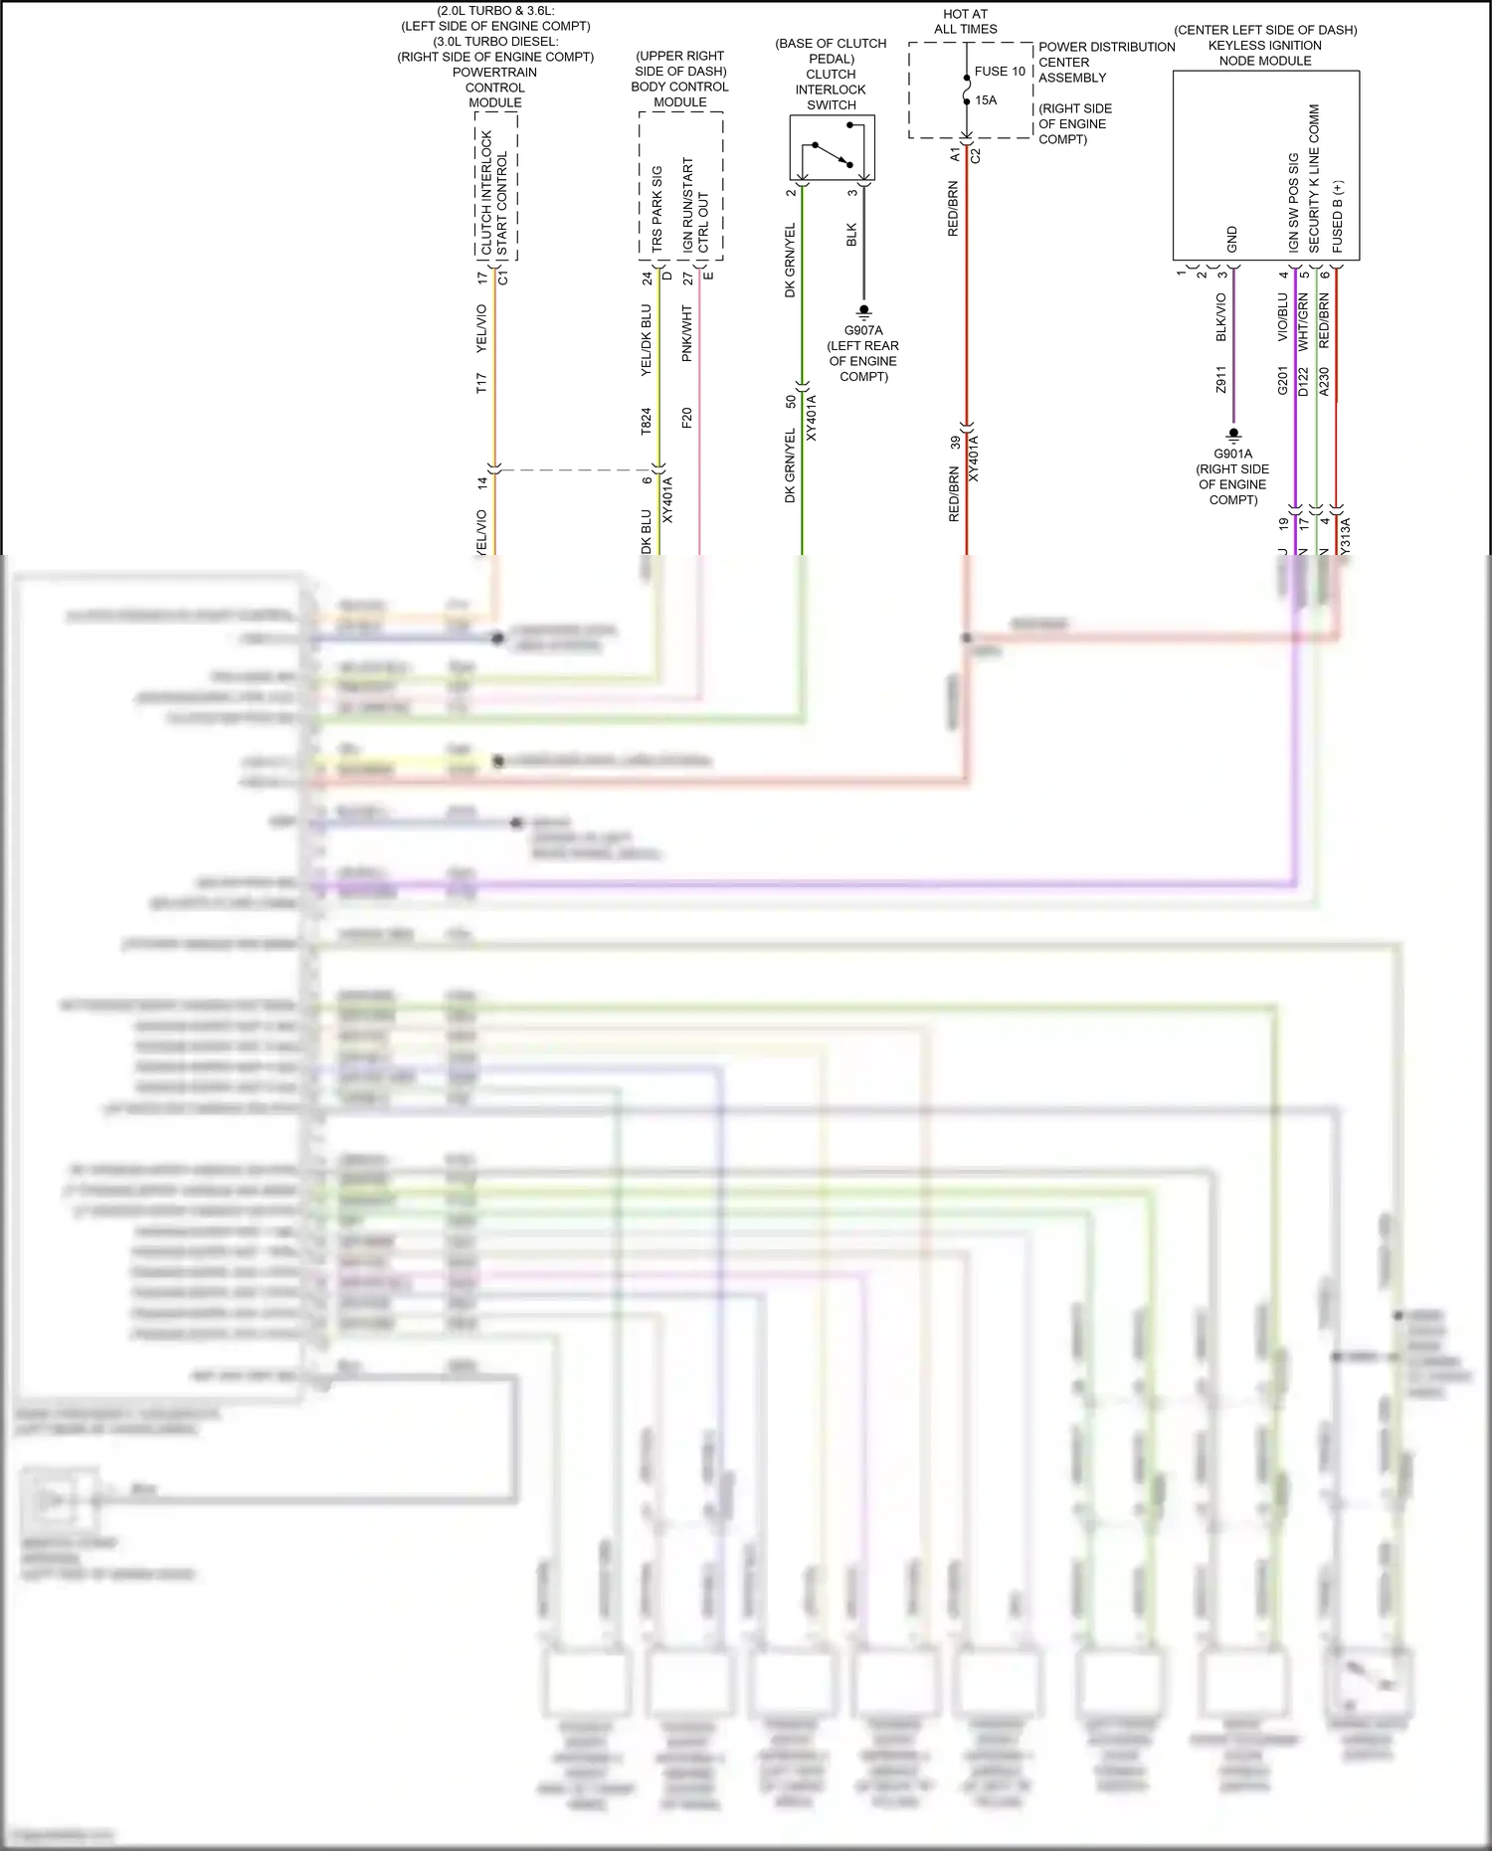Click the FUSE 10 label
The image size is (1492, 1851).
pyautogui.click(x=999, y=72)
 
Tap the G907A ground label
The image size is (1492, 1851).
pyautogui.click(x=863, y=330)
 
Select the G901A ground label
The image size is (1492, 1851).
pyautogui.click(x=1233, y=454)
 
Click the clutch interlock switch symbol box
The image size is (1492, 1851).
pyautogui.click(x=832, y=147)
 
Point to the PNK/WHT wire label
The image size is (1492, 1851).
pyautogui.click(x=686, y=333)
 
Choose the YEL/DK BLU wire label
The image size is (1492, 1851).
pyautogui.click(x=646, y=340)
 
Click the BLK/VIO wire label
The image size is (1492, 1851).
pyautogui.click(x=1221, y=317)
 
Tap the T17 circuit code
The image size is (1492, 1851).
pyautogui.click(x=481, y=383)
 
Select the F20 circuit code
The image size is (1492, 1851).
pyautogui.click(x=686, y=418)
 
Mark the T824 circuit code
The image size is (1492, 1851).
pyautogui.click(x=646, y=421)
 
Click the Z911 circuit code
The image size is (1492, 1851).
pyautogui.click(x=1221, y=379)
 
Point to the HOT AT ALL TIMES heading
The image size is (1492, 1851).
pyautogui.click(x=965, y=22)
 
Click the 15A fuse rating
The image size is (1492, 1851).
pyautogui.click(x=985, y=100)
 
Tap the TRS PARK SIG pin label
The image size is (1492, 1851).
pyautogui.click(x=656, y=209)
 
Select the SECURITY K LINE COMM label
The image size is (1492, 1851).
pyautogui.click(x=1314, y=179)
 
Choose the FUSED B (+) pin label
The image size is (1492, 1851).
pyautogui.click(x=1338, y=216)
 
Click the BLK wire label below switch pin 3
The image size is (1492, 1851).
pyautogui.click(x=851, y=235)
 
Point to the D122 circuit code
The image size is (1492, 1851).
pyautogui.click(x=1303, y=382)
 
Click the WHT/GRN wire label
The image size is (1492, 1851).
pyautogui.click(x=1303, y=320)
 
